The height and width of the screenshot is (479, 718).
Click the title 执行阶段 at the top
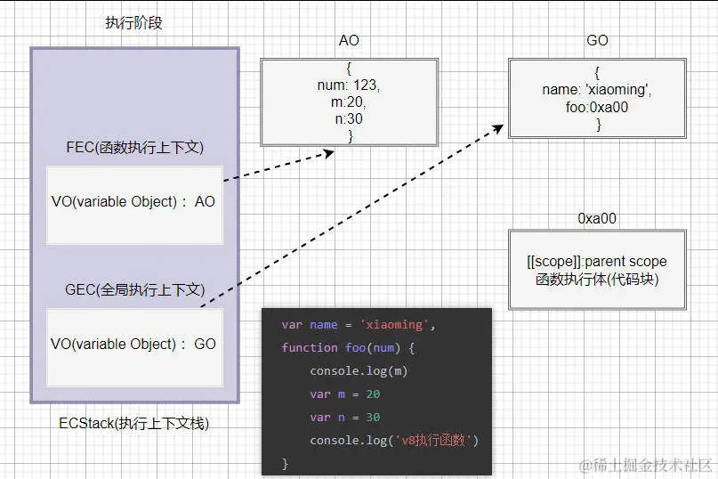click(133, 23)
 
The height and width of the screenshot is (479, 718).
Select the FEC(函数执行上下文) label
click(134, 147)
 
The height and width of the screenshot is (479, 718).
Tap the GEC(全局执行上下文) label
click(134, 289)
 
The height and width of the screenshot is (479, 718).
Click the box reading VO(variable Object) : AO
click(134, 203)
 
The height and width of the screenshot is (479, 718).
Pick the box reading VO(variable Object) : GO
click(134, 345)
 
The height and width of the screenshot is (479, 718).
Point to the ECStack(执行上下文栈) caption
click(134, 423)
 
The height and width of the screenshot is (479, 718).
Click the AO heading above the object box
click(349, 41)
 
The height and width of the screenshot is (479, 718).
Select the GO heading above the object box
click(597, 41)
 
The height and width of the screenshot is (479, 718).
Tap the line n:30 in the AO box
click(349, 119)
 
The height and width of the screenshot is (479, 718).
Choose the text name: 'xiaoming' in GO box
click(597, 91)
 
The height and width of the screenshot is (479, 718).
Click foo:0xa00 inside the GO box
click(597, 107)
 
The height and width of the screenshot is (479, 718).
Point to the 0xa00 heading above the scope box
click(597, 218)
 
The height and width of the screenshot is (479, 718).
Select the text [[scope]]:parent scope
click(597, 262)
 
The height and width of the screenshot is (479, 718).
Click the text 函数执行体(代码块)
click(597, 279)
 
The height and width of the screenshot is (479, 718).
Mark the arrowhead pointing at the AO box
click(327, 154)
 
